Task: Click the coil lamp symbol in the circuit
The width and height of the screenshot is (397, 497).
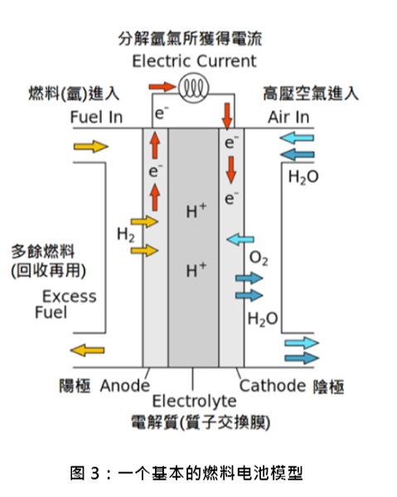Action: click(x=193, y=88)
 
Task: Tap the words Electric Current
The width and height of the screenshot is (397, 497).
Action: click(x=194, y=60)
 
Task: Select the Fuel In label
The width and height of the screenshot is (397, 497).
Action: click(x=96, y=117)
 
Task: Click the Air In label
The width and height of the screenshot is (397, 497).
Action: click(x=288, y=117)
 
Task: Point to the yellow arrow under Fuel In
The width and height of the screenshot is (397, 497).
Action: click(x=91, y=147)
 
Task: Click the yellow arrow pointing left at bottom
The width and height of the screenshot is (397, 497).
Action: click(x=87, y=350)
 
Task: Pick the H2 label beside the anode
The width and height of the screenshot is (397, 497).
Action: click(x=126, y=235)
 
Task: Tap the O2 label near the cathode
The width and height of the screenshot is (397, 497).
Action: click(x=259, y=258)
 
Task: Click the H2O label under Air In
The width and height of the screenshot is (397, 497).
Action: click(x=303, y=177)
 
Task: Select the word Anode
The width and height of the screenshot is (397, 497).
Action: click(x=125, y=386)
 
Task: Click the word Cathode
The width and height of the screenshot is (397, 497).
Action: click(x=273, y=386)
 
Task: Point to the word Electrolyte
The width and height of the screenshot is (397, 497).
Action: click(x=194, y=401)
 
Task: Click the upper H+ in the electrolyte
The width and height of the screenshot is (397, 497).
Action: click(x=196, y=210)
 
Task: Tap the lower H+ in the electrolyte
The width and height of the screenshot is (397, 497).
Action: click(x=196, y=270)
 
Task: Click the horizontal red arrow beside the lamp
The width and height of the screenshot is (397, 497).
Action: click(x=162, y=86)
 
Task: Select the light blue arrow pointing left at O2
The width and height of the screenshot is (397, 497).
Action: click(x=240, y=239)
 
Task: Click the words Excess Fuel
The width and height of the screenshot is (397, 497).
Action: click(x=65, y=304)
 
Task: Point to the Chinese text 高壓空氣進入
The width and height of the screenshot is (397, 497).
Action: click(x=311, y=94)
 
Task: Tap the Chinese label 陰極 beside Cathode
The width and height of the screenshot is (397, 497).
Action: click(x=328, y=387)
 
